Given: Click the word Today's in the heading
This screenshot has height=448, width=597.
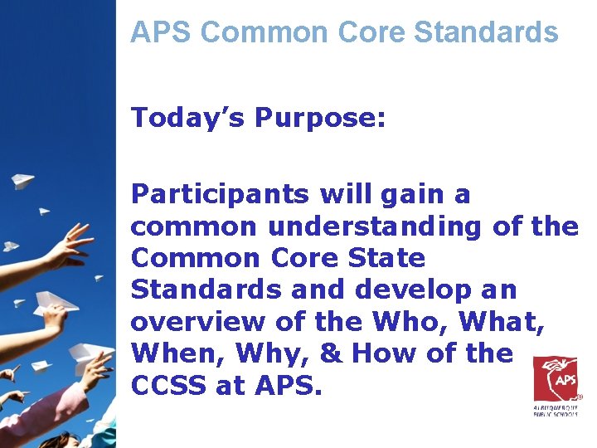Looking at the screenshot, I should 187,117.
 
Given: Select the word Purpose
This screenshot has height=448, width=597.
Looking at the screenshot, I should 320,119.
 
